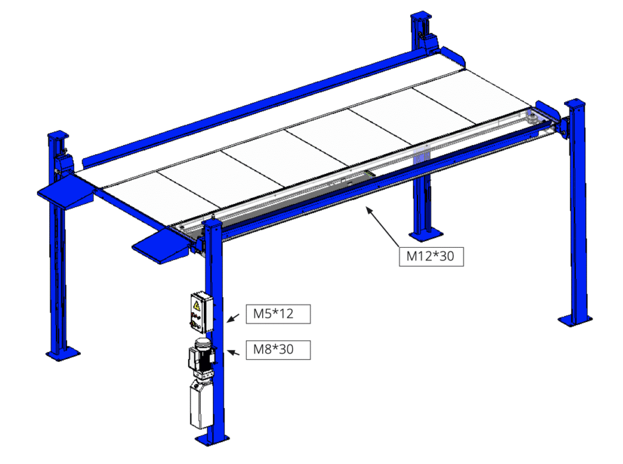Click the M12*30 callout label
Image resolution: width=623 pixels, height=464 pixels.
coord(431,256)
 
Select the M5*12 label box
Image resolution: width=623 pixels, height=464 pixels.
coord(278,314)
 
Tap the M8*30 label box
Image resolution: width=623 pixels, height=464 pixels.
coord(278,350)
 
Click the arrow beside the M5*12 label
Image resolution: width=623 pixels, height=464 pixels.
coord(233,318)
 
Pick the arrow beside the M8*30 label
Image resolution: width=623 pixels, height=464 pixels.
coord(233,353)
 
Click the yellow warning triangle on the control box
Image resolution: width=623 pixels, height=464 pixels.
coord(197,305)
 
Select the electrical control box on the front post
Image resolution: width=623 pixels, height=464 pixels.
coord(201,312)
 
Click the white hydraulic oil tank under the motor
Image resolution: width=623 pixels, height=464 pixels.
coord(201,404)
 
